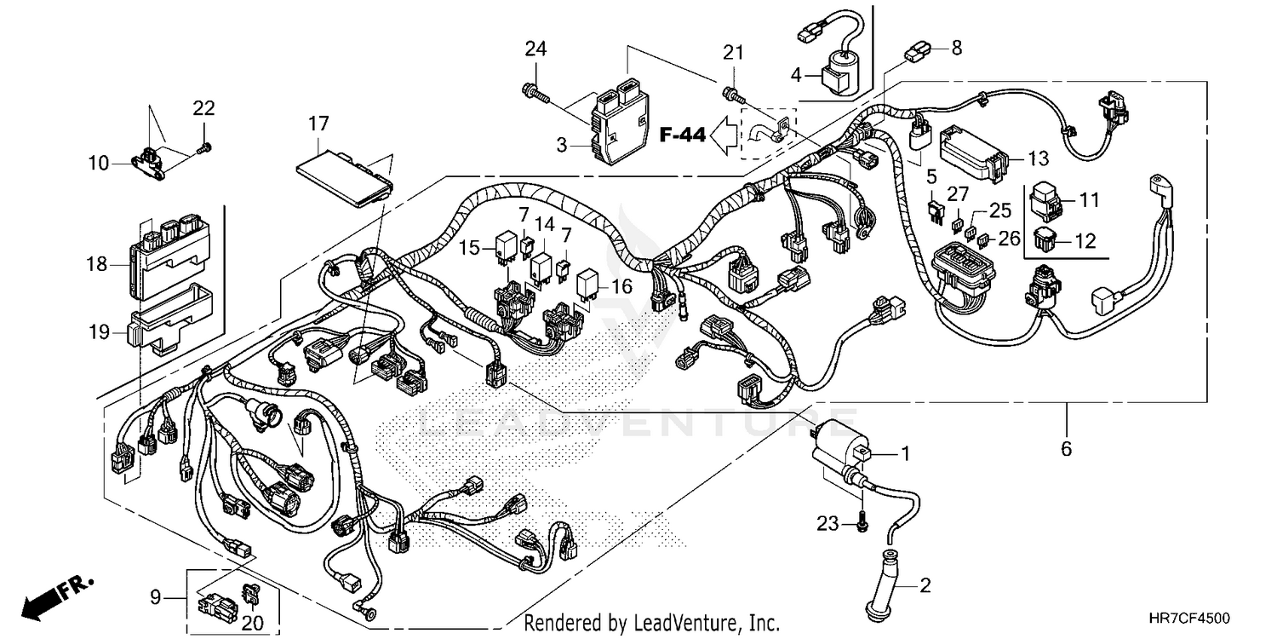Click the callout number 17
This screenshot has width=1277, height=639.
[x=318, y=124]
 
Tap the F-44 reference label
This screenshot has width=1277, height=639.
[x=682, y=134]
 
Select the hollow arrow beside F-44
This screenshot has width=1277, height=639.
[x=725, y=134]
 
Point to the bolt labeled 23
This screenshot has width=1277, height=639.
[x=862, y=521]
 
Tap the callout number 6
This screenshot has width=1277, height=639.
[x=1066, y=448]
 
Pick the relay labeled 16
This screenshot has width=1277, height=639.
[x=590, y=285]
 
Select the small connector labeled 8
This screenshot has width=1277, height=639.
[x=915, y=52]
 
